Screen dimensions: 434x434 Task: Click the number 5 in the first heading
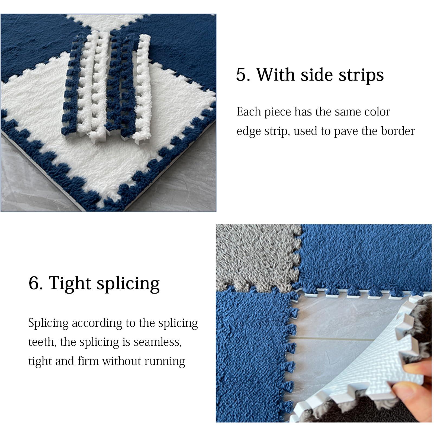point(241,75)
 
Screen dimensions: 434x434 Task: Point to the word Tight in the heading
point(70,284)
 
